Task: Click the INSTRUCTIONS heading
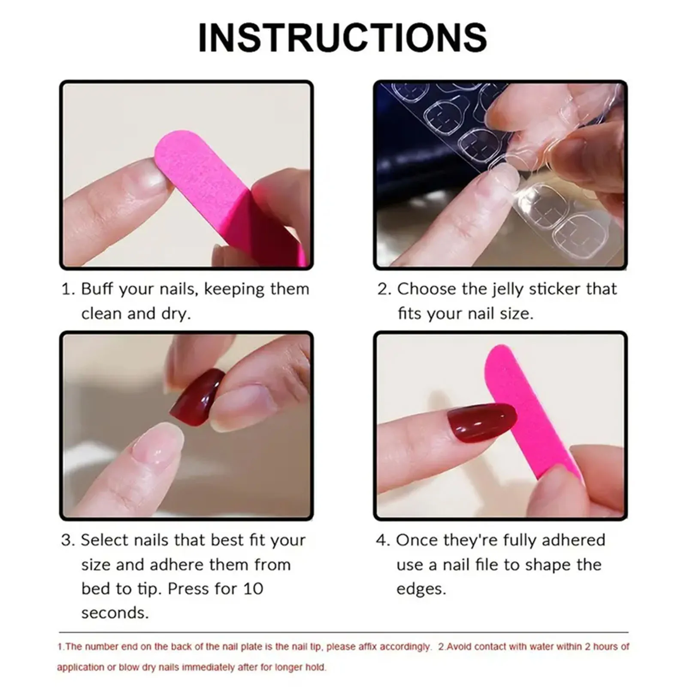tap(342, 38)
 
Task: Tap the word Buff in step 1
tap(97, 289)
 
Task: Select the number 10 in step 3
tap(253, 589)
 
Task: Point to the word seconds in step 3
tap(115, 613)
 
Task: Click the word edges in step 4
tap(421, 589)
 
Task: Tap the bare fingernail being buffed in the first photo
tap(148, 176)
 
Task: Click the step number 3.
tap(68, 540)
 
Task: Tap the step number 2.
tap(384, 289)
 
